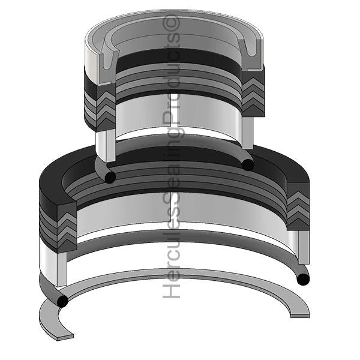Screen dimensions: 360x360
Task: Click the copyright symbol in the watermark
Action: pyautogui.click(x=171, y=23)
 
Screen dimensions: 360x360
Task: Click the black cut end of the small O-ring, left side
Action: pyautogui.click(x=110, y=177)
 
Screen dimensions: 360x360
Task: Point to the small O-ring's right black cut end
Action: pyautogui.click(x=248, y=164)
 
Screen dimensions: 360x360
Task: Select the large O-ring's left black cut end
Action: pyautogui.click(x=62, y=301)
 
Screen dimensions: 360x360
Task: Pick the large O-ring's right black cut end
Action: pyautogui.click(x=303, y=280)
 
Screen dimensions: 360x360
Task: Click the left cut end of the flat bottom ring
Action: pyautogui.click(x=65, y=337)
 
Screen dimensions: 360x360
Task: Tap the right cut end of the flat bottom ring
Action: pyautogui.click(x=300, y=315)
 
